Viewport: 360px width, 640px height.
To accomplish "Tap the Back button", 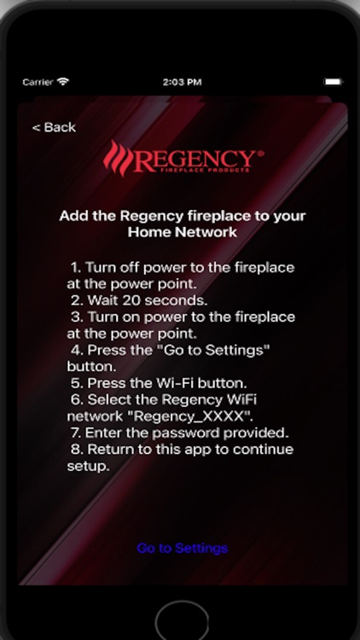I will click(54, 127).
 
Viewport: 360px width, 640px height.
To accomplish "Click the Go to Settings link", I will click(182, 548).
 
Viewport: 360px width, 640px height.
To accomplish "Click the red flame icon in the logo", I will click(119, 159).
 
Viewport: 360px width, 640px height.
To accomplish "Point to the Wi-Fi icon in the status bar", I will click(63, 82).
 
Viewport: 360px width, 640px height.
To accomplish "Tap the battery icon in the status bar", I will click(333, 82).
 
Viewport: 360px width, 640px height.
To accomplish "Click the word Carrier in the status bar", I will click(38, 82).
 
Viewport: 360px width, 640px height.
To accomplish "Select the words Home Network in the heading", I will click(182, 231).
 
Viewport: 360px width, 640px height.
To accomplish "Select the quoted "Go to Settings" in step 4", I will click(214, 350).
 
